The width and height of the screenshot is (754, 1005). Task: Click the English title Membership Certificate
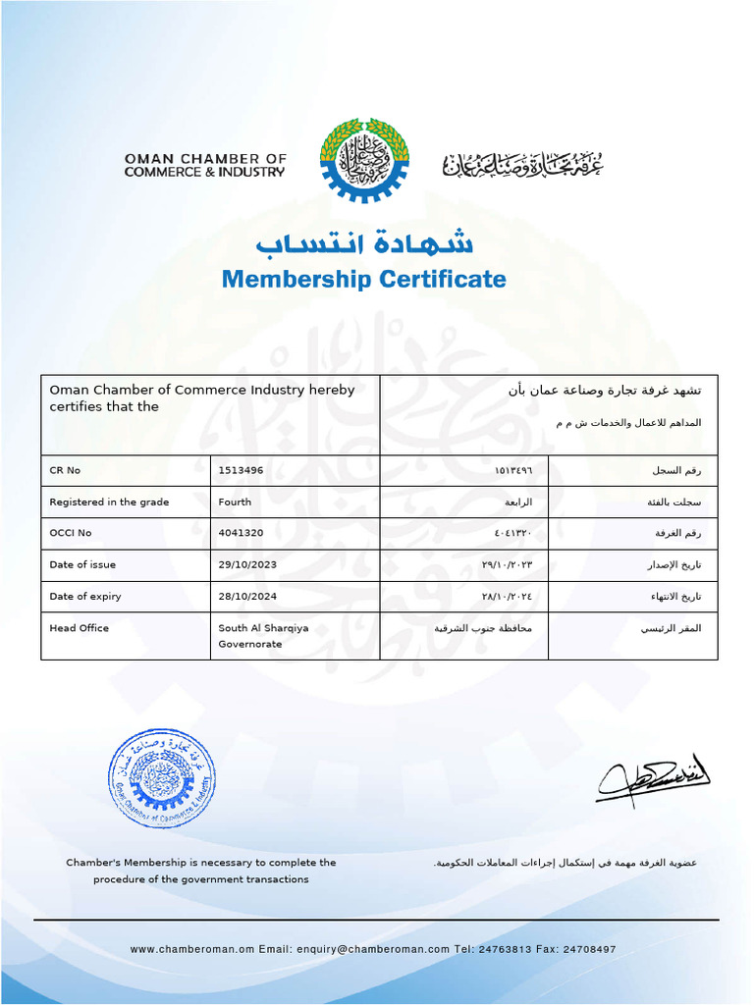coord(363,280)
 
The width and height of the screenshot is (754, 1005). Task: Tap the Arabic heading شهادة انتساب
coord(363,242)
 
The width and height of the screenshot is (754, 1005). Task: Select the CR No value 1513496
coord(241,471)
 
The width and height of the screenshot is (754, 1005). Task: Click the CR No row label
coord(65,471)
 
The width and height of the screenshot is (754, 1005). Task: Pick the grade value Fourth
coord(235,502)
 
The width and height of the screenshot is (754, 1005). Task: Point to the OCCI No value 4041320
coord(241,534)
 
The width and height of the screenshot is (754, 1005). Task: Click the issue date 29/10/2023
coord(248,565)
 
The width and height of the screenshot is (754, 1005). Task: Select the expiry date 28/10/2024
coord(248,597)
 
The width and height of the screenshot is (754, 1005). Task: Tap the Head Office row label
coord(80,628)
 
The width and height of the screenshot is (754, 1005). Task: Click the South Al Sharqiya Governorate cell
coord(263,636)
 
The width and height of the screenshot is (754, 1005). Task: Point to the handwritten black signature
coord(653,780)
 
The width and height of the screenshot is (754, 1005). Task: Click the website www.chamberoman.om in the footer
coord(191,950)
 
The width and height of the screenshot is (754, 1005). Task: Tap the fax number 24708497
coord(589,950)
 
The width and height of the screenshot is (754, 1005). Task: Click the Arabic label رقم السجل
coord(677,471)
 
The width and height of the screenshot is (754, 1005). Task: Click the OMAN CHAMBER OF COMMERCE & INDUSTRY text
coord(204,165)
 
